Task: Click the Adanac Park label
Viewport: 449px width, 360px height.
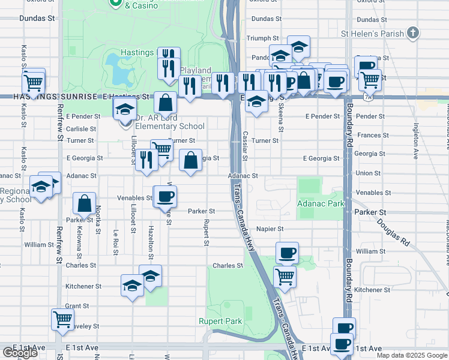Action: click(x=321, y=204)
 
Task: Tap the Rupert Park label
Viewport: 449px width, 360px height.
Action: click(x=220, y=322)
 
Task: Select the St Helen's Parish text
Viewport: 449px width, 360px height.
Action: click(x=373, y=34)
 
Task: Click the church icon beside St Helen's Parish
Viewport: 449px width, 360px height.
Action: click(x=412, y=34)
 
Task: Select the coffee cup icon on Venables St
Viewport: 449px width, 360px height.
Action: click(x=166, y=196)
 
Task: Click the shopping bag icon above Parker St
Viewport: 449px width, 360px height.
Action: click(x=85, y=204)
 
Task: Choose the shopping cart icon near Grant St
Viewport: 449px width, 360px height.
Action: click(x=63, y=319)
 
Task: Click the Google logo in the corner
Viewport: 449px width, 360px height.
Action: click(x=20, y=353)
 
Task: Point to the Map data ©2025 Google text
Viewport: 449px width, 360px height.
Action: click(x=412, y=355)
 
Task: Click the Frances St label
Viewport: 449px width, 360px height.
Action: click(x=369, y=136)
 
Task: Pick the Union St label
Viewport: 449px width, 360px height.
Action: click(x=367, y=173)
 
